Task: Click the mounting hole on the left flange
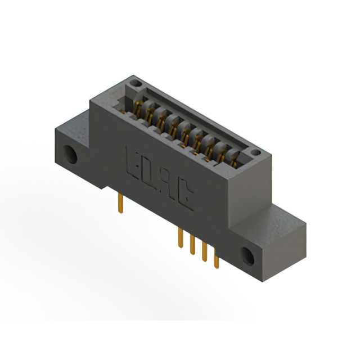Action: click(71, 154)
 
